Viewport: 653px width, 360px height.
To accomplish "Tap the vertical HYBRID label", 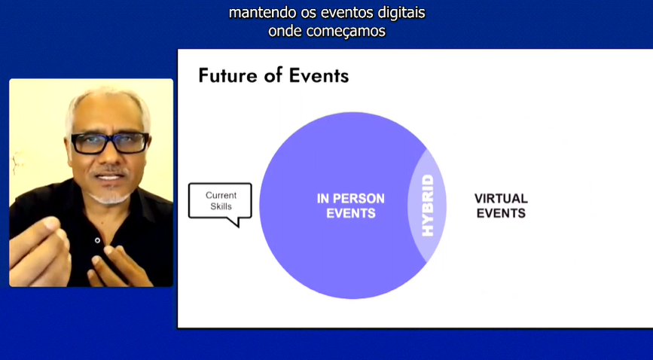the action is [428, 206].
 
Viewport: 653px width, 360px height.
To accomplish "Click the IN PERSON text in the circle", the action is [351, 198].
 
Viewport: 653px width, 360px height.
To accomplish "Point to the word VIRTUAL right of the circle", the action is [501, 198].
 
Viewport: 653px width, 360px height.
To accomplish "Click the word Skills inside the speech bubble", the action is [221, 206].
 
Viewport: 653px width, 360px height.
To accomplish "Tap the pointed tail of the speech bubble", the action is [239, 226].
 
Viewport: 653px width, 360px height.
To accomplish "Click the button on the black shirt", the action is [97, 240].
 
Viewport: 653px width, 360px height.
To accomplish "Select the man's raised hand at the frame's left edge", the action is [40, 251].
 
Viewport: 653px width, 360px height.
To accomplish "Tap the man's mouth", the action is [109, 177].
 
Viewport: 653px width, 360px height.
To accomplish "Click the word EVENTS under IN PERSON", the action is [351, 213].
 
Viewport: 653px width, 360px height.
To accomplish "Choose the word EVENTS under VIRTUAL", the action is [501, 213].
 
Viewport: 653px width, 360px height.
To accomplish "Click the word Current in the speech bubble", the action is [221, 195].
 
